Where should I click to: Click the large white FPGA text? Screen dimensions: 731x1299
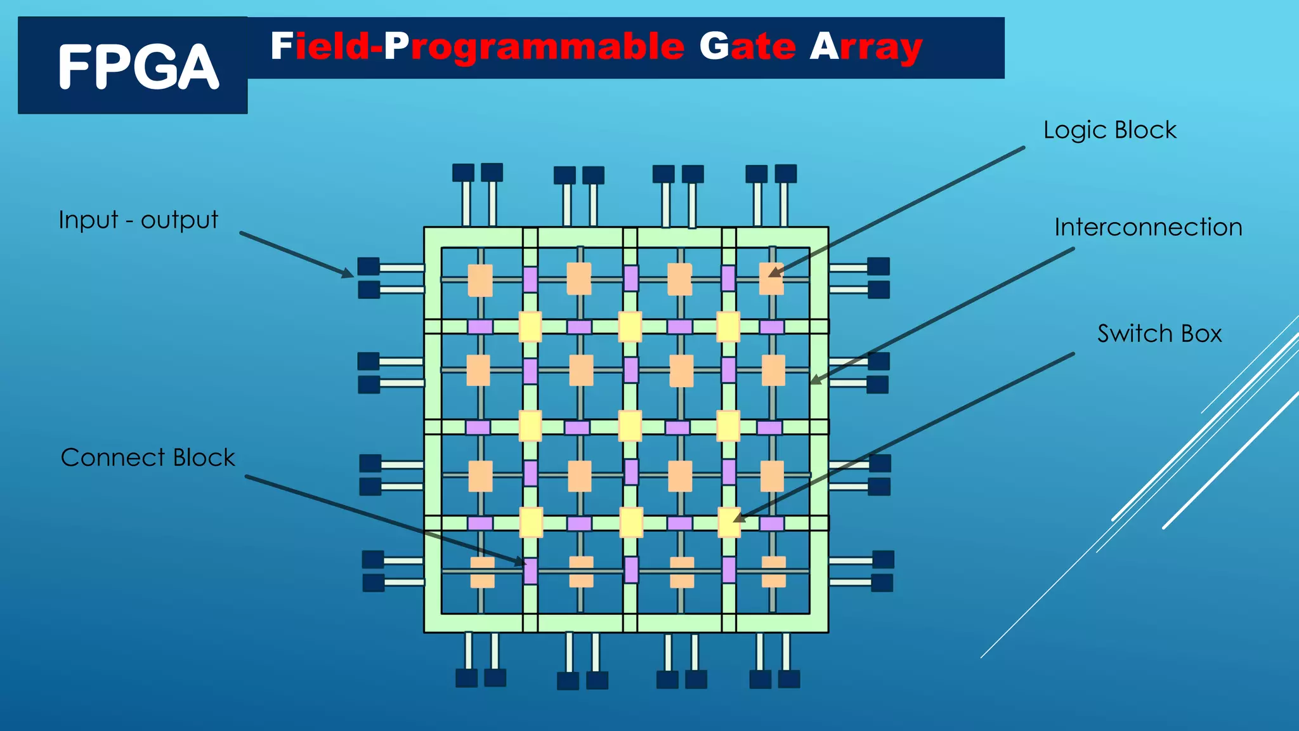[x=138, y=67]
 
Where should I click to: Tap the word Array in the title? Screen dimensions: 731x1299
[x=866, y=48]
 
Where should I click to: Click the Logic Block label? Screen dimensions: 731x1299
[x=1109, y=130]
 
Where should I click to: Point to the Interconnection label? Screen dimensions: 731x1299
[x=1148, y=227]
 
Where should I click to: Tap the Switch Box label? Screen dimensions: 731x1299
[x=1159, y=334]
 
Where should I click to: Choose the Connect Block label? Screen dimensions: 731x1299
[x=148, y=458]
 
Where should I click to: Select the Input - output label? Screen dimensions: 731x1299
[x=138, y=220]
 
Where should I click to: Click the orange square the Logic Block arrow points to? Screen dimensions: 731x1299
[x=771, y=279]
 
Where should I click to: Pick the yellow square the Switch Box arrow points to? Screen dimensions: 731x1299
[x=729, y=523]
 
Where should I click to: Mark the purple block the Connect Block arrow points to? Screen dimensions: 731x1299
[x=530, y=570]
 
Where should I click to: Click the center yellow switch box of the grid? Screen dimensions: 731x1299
[x=630, y=426]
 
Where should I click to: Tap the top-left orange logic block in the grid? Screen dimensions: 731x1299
[x=480, y=280]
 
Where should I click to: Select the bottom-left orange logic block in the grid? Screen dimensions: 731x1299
[x=482, y=572]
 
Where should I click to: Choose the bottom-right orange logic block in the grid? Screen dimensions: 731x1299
[x=773, y=572]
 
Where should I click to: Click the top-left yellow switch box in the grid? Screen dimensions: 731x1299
[x=530, y=327]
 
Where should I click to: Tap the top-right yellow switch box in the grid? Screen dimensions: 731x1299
[x=728, y=327]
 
